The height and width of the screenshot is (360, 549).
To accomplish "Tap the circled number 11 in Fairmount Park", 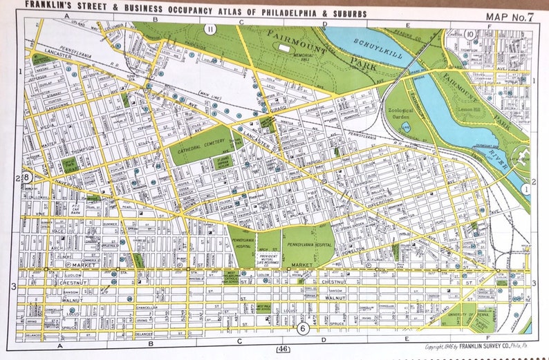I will click(x=210, y=28).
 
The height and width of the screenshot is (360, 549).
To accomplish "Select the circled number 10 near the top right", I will click(x=470, y=34).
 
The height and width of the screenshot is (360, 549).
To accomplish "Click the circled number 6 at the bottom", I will click(x=303, y=329).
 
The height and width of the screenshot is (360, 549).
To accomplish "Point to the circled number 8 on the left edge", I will click(x=26, y=178).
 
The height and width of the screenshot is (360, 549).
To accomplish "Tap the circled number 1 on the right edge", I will click(x=527, y=187).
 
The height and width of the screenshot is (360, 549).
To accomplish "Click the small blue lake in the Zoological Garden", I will click(x=406, y=127).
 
